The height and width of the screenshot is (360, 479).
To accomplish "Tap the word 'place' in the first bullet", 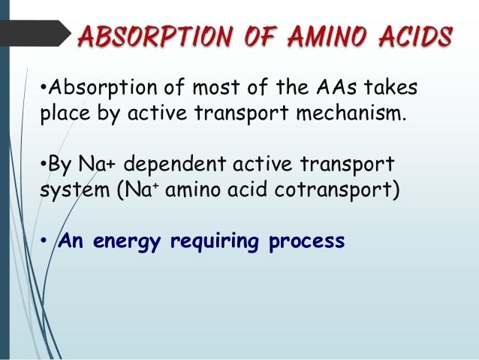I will (61, 116).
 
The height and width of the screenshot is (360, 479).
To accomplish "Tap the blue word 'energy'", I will (128, 243).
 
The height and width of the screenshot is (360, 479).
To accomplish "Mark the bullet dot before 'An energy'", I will (44, 242).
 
